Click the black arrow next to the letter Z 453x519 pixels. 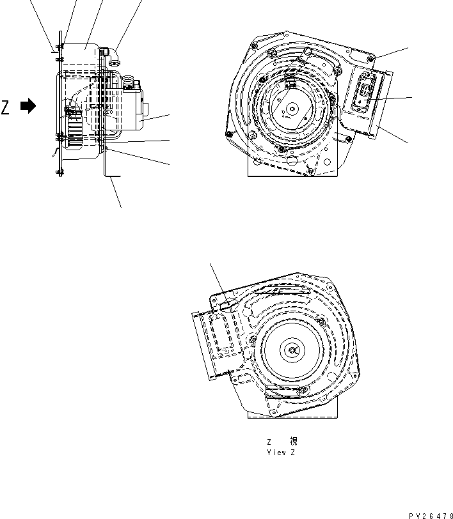28,107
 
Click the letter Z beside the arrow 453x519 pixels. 6,107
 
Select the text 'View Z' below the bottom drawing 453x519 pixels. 281,452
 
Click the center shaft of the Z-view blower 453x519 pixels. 293,349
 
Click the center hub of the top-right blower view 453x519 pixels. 292,109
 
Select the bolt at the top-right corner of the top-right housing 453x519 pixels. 371,59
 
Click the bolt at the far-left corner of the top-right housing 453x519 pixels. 229,134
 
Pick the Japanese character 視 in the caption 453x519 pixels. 293,442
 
